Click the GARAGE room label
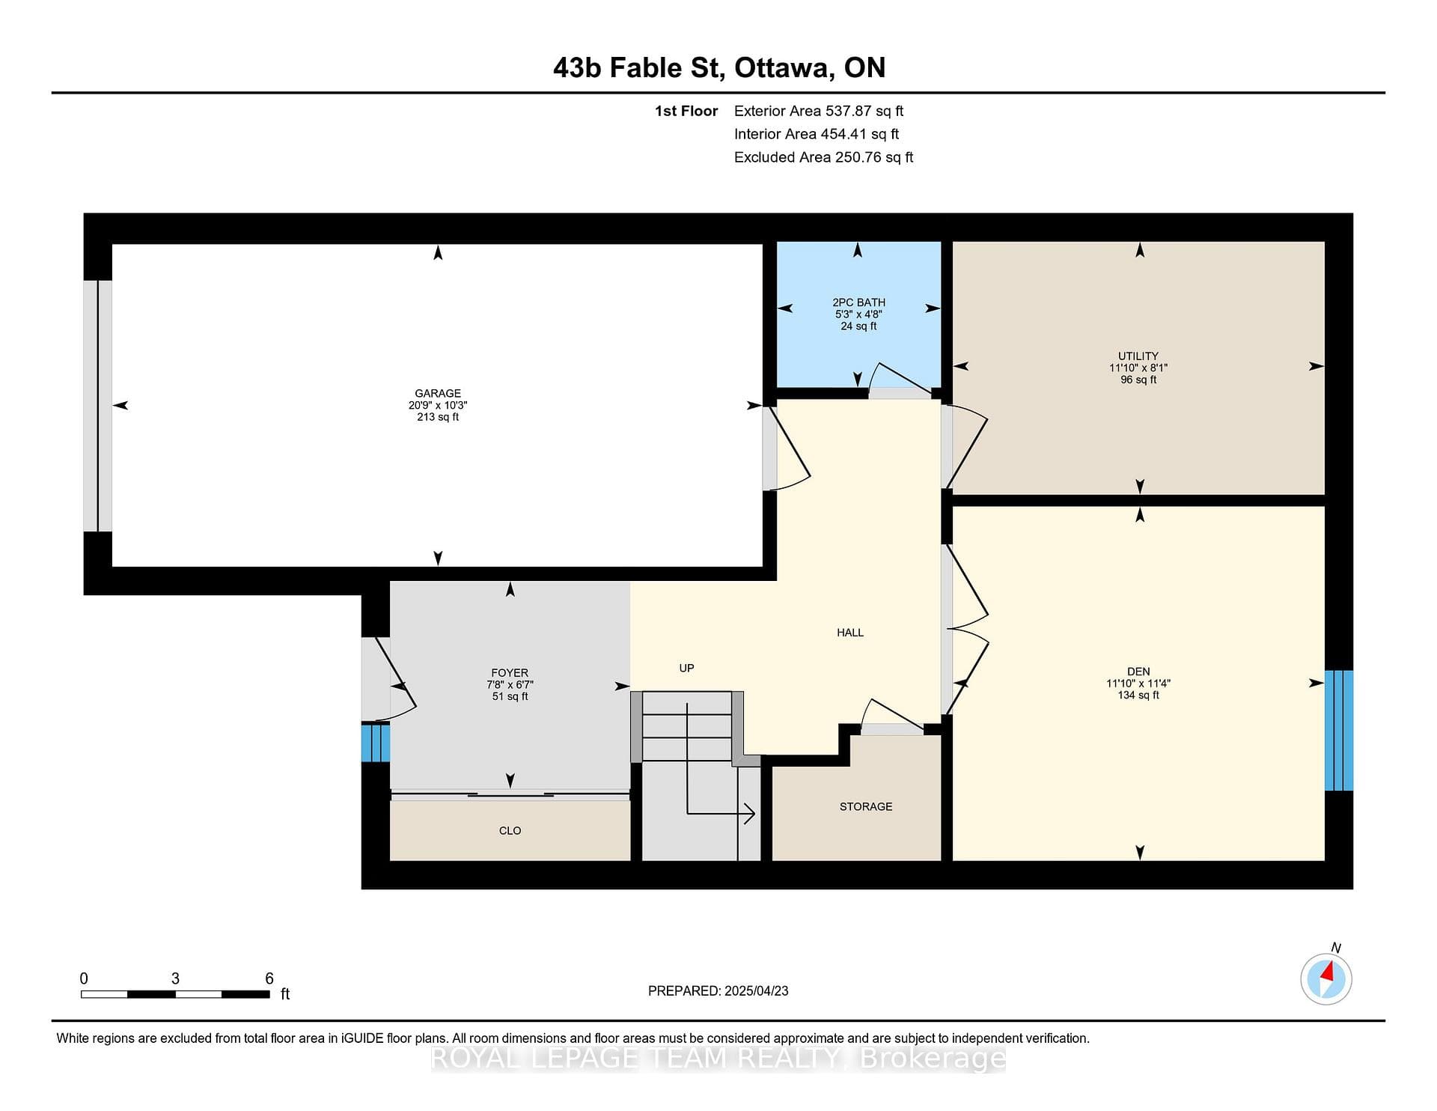tap(438, 393)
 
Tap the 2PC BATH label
tap(858, 302)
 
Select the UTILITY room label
tap(1138, 356)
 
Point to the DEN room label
tap(1138, 672)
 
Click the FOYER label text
tap(510, 673)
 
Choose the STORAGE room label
tap(866, 806)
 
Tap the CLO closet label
tap(510, 830)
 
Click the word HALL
tap(850, 633)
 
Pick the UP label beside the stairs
tap(686, 668)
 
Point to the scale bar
tap(175, 994)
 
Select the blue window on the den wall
tap(1339, 731)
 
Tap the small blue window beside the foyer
tap(376, 742)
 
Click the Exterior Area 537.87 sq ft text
tap(819, 111)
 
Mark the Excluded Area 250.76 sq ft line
tap(823, 157)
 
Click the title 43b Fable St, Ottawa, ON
tap(719, 68)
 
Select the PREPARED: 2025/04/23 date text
tap(718, 990)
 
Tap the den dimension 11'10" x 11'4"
tap(1138, 684)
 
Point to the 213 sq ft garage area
tap(438, 417)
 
